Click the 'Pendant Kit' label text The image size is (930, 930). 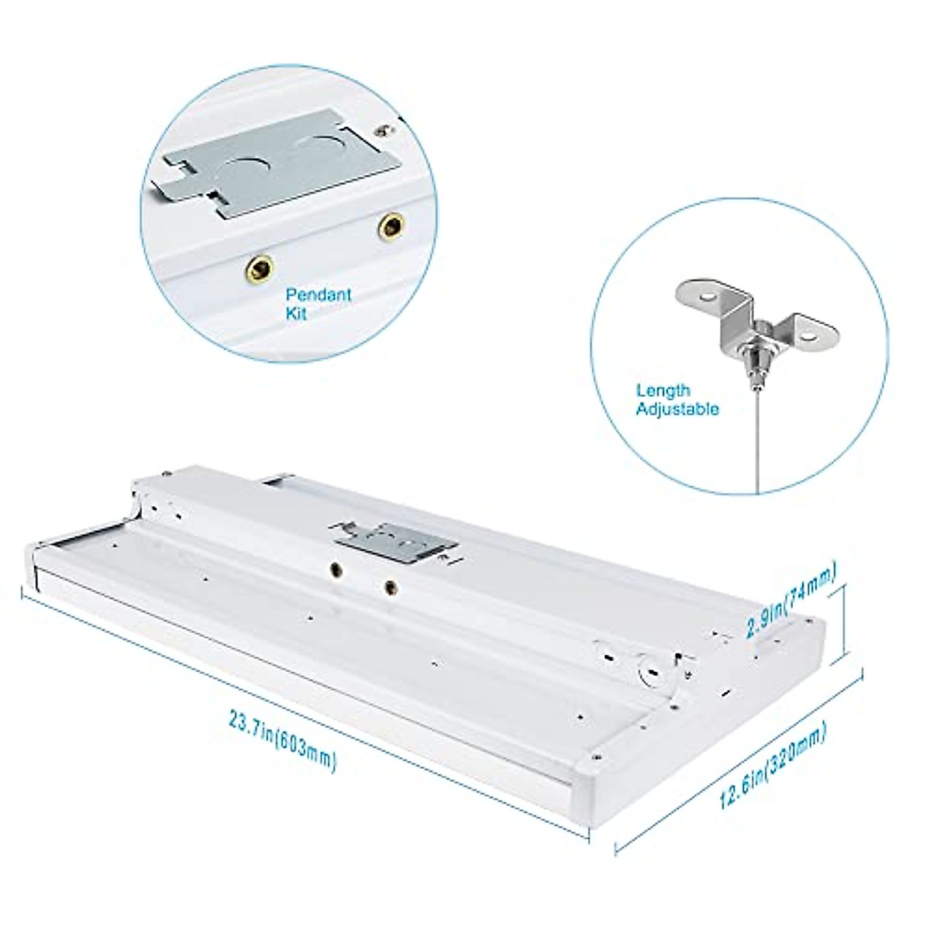[x=319, y=304]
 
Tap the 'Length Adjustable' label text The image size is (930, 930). [x=677, y=400]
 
